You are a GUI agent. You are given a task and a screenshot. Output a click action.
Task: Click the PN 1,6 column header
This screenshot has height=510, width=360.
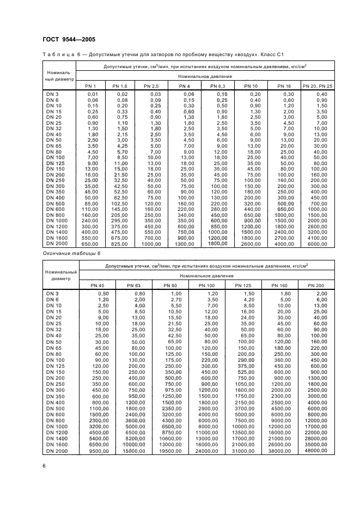tap(119, 87)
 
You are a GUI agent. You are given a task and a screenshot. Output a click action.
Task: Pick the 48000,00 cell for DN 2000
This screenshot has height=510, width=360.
tap(316, 451)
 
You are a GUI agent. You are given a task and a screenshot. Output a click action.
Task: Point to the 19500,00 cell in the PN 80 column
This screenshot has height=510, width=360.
tap(170, 451)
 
